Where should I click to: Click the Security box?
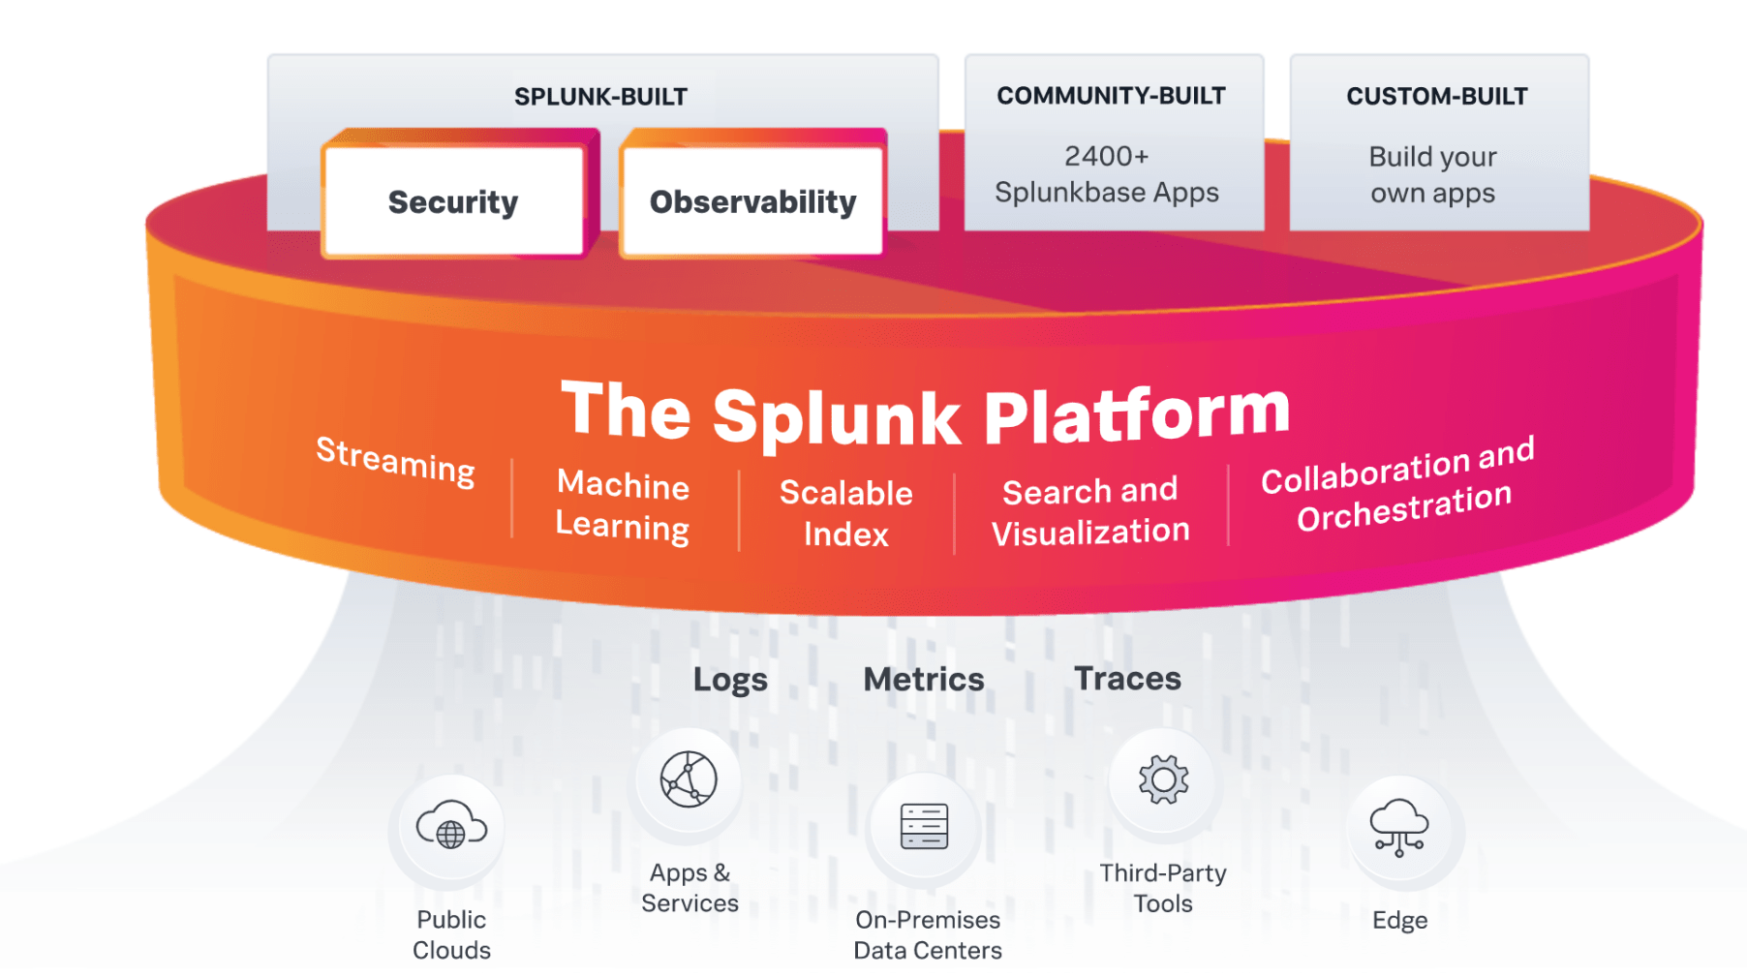coord(453,201)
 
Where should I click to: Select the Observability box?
coord(752,201)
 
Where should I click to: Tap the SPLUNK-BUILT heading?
coord(600,97)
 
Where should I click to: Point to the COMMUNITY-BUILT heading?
coord(1111,96)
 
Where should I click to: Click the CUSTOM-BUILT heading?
coord(1436,96)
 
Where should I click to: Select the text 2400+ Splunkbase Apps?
coord(1107,174)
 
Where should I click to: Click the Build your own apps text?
coord(1432,174)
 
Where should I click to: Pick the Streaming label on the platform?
coord(396,461)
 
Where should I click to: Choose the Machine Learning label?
coord(623,504)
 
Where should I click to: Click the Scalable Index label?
coord(845,513)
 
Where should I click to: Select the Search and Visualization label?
coord(1090,511)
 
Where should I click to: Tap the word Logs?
coord(730,680)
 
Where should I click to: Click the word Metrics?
coord(923,679)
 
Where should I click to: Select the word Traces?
coord(1127,678)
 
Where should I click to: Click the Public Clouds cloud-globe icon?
coord(450,827)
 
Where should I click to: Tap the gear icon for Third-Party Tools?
coord(1163,779)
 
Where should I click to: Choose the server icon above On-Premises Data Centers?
coord(924,826)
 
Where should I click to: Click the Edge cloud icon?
coord(1399,827)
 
